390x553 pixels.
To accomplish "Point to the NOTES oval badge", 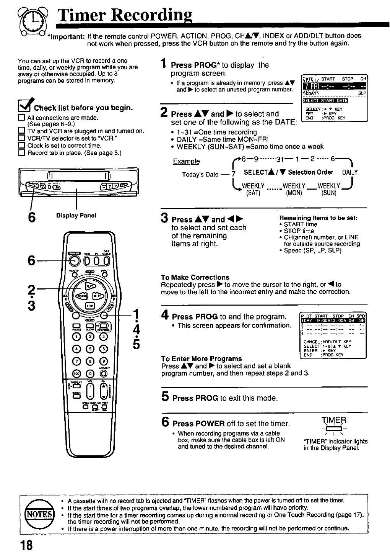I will [x=37, y=514].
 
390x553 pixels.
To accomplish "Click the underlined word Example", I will [x=186, y=161].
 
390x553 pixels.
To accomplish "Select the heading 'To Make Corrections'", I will [x=195, y=277].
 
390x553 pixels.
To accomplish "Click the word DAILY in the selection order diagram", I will [x=350, y=172].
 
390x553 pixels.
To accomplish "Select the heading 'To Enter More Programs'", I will [x=201, y=359].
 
